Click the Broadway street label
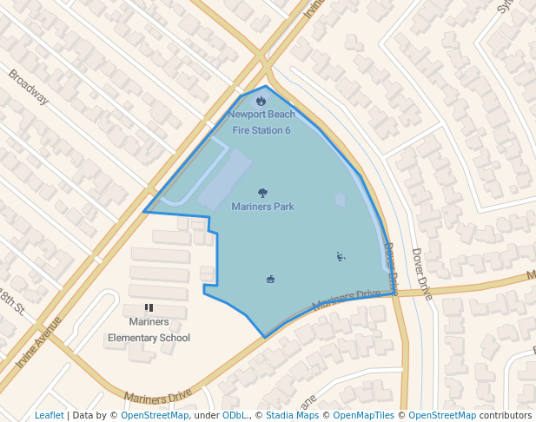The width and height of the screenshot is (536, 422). [x=29, y=87]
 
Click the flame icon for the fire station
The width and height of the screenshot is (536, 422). [x=261, y=101]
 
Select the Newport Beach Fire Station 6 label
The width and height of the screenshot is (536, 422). [x=261, y=122]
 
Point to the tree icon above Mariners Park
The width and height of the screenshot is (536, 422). [x=262, y=193]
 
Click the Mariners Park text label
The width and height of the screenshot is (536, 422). [x=262, y=207]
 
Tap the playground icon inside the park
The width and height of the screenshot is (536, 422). [x=341, y=256]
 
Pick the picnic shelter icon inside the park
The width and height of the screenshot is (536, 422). [x=270, y=279]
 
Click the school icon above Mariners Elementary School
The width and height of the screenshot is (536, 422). [x=149, y=307]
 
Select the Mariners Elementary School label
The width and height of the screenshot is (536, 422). [x=149, y=330]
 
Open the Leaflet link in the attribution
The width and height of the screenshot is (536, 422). [x=50, y=416]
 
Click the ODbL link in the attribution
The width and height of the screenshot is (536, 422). [x=235, y=416]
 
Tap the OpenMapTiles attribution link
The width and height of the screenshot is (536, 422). [x=365, y=416]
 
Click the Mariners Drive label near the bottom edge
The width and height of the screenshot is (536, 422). [x=157, y=396]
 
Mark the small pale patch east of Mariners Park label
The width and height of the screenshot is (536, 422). [x=341, y=201]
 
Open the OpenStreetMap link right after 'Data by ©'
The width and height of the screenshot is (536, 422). [x=154, y=416]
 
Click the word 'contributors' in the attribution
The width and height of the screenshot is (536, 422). [x=506, y=416]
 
